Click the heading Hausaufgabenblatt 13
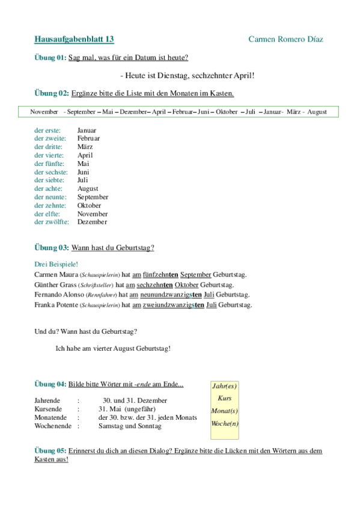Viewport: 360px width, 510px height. pos(75,39)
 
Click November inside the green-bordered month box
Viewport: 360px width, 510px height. pos(44,112)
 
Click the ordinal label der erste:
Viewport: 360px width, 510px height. pos(48,130)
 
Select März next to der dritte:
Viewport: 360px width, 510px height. pos(85,147)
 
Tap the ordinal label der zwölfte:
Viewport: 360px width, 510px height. pos(52,222)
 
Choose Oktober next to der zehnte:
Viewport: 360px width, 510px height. pos(90,205)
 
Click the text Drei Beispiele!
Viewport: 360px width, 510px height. pos(56,264)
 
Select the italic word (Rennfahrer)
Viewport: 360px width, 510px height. pos(102,295)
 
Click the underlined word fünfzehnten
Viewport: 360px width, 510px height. pos(160,274)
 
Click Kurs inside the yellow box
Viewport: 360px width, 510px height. pos(225,399)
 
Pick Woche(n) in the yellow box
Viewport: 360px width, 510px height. pos(225,423)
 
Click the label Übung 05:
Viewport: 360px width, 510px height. pos(50,450)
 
